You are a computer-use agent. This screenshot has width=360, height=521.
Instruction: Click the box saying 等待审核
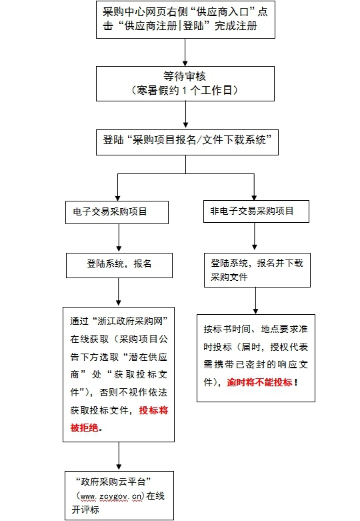185,83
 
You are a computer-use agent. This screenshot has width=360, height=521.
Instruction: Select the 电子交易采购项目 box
117,212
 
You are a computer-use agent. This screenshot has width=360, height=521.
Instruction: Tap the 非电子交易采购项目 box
256,211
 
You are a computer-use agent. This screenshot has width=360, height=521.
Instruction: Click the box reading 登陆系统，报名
119,266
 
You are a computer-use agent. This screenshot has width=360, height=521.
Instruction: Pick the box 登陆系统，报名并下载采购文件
257,270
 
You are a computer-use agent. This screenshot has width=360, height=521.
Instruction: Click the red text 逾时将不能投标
259,382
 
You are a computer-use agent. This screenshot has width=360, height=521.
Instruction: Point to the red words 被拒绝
85,428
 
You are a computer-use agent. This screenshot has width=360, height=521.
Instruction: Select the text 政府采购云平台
113,482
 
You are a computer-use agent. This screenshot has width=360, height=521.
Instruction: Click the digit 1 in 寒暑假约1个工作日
184,90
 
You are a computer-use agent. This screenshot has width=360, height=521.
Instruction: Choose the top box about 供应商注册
185,19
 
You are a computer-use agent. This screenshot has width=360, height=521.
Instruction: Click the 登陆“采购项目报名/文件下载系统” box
187,142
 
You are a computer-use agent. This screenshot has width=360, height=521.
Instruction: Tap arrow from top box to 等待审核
185,52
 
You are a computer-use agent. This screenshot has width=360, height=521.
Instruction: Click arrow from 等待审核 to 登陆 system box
185,114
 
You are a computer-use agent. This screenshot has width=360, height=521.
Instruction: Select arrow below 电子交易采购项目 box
119,237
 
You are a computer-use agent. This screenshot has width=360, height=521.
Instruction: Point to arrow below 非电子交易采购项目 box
255,236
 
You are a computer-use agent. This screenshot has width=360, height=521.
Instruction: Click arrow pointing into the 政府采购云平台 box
119,456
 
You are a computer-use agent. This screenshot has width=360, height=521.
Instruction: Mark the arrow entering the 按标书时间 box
255,301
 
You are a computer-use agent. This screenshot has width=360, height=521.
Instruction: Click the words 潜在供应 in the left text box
148,357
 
